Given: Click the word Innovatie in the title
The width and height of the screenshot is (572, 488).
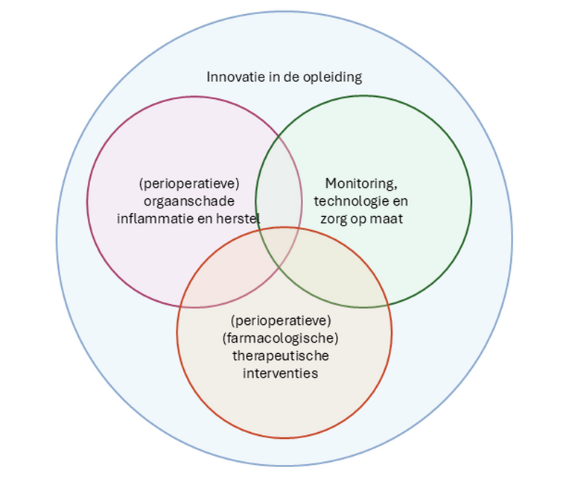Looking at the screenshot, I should tap(230, 77).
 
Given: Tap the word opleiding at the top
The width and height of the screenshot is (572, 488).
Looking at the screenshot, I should tap(335, 77).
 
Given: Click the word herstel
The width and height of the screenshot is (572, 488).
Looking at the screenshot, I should tap(238, 218).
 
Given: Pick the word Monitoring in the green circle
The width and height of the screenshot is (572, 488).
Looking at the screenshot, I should tap(359, 183).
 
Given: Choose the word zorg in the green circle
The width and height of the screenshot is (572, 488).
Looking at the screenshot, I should tap(333, 219).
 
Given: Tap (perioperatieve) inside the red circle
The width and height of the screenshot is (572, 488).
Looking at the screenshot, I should tap(280, 320).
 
